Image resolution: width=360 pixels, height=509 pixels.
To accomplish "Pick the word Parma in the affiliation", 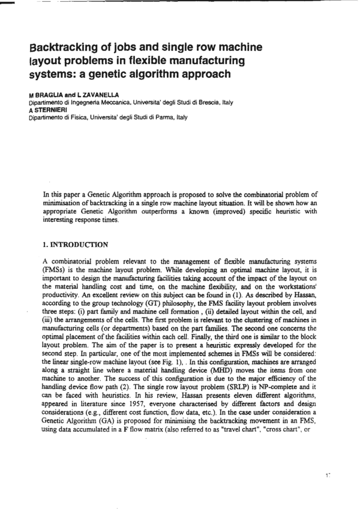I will pyautogui.click(x=167, y=118).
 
